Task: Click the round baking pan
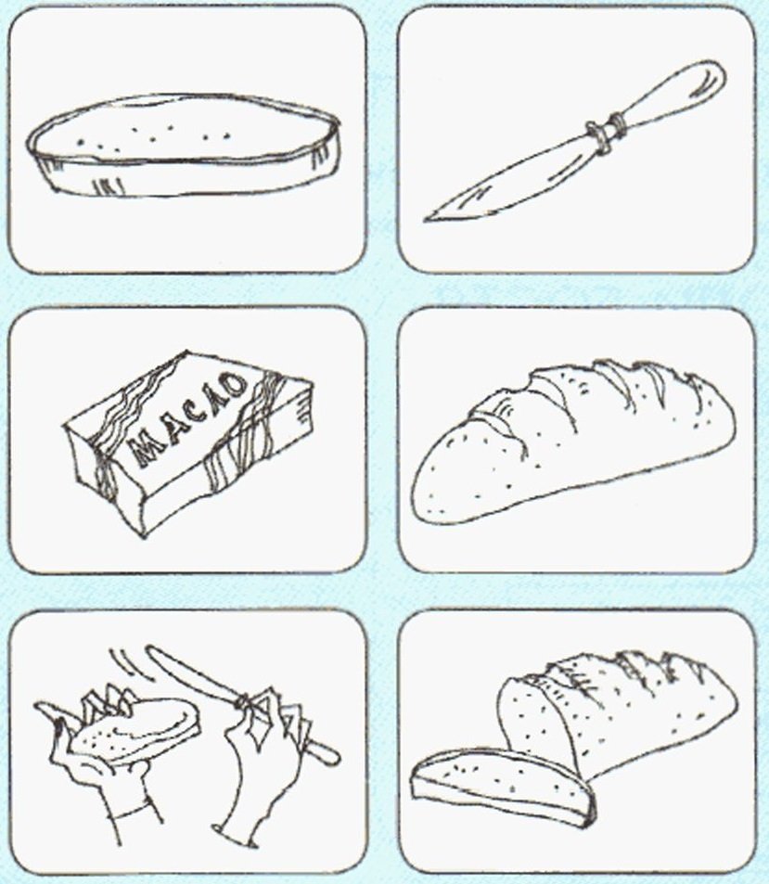(184, 147)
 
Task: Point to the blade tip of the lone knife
(426, 220)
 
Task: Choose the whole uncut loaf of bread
(572, 440)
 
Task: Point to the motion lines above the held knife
(125, 664)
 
